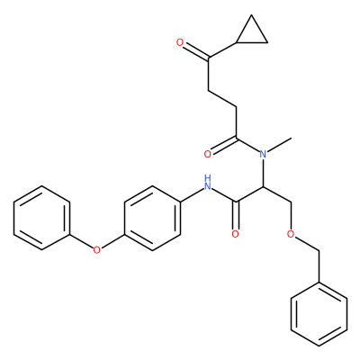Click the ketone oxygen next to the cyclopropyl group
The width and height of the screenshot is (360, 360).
coord(180,42)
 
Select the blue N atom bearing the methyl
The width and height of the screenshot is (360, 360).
coord(263,155)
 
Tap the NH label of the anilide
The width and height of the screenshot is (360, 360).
coord(207,183)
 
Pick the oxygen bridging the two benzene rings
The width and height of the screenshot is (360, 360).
coord(96,249)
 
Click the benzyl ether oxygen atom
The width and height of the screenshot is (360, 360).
coord(291,234)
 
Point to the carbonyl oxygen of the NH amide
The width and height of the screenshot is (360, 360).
coord(236,234)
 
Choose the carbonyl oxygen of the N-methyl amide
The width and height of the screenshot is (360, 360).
coord(208,155)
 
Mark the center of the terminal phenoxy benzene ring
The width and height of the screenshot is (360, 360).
coord(41,218)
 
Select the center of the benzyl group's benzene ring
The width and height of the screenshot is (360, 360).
coord(319,314)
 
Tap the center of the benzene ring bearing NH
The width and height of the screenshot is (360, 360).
coord(152,218)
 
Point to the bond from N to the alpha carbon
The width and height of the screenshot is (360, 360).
coord(263,173)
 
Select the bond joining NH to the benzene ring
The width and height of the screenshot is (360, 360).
coord(192,195)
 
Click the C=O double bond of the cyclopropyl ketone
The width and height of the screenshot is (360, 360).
coord(196,50)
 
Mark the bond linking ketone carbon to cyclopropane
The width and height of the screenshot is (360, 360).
coord(222,49)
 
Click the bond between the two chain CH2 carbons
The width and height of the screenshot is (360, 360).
coord(222,98)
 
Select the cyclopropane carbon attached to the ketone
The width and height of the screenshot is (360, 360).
coord(237,42)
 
